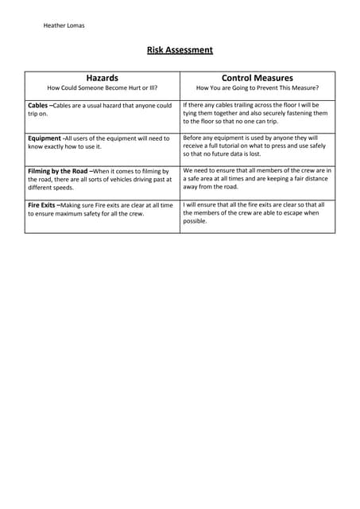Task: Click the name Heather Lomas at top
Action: pos(64,25)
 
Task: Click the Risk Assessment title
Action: pos(180,50)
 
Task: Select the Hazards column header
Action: pos(102,78)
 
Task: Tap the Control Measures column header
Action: pos(257,78)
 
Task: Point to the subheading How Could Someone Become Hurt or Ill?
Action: pos(102,88)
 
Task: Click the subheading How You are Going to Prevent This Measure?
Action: pos(257,88)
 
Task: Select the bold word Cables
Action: pos(37,105)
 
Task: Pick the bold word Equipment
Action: pos(44,138)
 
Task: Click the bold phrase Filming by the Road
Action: pos(58,171)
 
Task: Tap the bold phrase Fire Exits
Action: pos(42,205)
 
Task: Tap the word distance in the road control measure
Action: pos(312,179)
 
